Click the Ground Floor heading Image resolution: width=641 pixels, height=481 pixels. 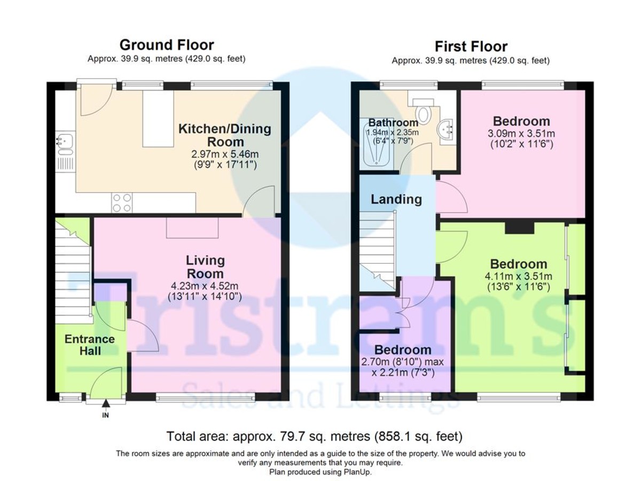pyautogui.click(x=166, y=44)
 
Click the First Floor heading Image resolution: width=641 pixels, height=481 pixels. pyautogui.click(x=471, y=46)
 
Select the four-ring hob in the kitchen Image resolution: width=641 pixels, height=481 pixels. pyautogui.click(x=121, y=203)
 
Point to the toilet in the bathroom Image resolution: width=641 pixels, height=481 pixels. pyautogui.click(x=424, y=112)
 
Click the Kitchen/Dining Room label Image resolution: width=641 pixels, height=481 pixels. pyautogui.click(x=224, y=135)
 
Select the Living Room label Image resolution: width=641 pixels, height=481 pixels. pyautogui.click(x=205, y=267)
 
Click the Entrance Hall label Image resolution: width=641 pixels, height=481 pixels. pyautogui.click(x=90, y=345)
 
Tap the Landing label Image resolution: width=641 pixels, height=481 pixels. pyautogui.click(x=396, y=199)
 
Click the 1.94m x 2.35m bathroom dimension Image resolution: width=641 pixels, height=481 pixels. pyautogui.click(x=392, y=133)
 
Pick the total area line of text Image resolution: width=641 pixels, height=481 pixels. pyautogui.click(x=315, y=436)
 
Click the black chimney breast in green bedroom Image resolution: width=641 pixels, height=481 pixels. pyautogui.click(x=520, y=228)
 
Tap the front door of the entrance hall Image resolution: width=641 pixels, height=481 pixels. pyautogui.click(x=105, y=384)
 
